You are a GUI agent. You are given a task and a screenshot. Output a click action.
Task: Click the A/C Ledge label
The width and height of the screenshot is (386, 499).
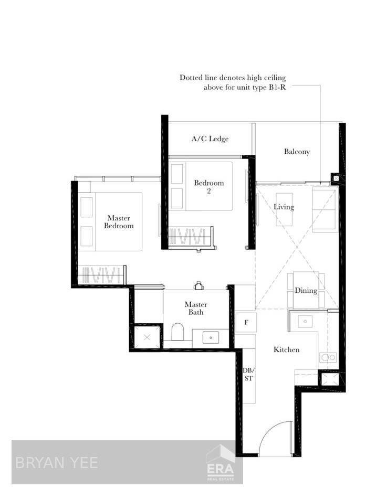(x=210, y=139)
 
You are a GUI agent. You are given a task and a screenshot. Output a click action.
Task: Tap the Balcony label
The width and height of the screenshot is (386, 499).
(x=297, y=152)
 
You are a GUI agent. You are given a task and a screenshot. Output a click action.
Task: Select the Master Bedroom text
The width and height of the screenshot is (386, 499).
(x=119, y=222)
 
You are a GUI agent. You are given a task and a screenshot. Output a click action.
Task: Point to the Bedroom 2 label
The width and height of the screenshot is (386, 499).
(x=209, y=187)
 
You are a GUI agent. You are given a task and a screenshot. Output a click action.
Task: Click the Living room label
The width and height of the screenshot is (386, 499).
(x=284, y=207)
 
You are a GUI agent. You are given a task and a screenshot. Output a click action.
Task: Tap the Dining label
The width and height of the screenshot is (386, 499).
(x=306, y=290)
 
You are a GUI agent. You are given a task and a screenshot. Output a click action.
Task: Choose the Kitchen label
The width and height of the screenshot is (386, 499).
(x=286, y=349)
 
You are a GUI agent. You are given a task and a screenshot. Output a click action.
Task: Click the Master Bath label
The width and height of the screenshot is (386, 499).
(x=196, y=308)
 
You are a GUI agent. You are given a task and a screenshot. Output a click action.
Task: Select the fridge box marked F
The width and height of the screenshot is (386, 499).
(x=246, y=322)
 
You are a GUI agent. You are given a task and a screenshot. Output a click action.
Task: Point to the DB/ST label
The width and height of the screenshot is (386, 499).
(x=249, y=374)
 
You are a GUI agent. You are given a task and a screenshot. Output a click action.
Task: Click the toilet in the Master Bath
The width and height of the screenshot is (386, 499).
(x=178, y=332)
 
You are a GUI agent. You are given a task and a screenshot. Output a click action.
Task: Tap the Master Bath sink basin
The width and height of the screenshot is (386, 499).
(x=211, y=338)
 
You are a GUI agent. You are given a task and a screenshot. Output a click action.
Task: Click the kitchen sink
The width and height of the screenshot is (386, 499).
(x=305, y=322)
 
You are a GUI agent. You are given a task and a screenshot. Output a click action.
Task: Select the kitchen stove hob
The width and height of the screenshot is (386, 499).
(x=328, y=357)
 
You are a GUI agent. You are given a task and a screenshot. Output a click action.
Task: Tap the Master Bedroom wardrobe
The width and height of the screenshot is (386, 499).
(x=102, y=274)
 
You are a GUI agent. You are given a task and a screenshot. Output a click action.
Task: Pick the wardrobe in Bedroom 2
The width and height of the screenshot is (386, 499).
(x=191, y=236)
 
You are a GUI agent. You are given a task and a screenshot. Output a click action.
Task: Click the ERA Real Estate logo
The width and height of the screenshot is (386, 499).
(x=221, y=463)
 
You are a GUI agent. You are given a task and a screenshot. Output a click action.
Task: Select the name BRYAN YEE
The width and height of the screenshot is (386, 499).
(x=57, y=463)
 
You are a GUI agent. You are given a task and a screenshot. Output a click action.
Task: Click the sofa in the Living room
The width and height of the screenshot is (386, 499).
(x=325, y=209)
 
